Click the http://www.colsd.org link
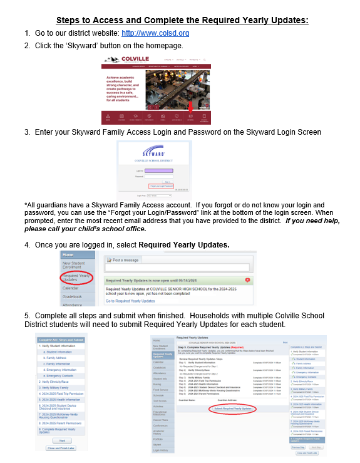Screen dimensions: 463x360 [x=155, y=33]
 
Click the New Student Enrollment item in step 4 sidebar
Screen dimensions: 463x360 [x=76, y=265]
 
